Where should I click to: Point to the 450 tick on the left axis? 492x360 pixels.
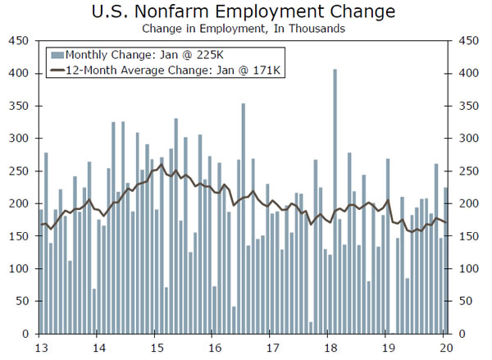click(x=21, y=41)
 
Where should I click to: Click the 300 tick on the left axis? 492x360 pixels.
click(x=21, y=139)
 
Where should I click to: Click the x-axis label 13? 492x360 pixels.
click(x=39, y=346)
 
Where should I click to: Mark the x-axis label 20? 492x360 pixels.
click(x=443, y=346)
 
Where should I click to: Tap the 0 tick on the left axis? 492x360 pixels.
click(x=27, y=334)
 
